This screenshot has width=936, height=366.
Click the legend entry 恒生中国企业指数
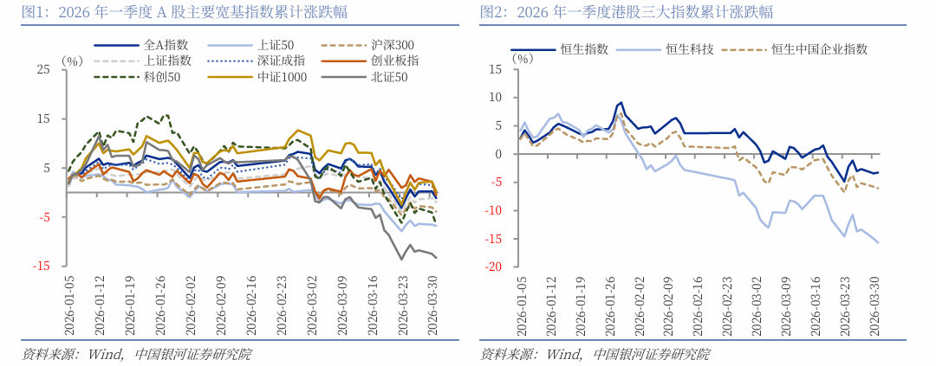tap(819, 50)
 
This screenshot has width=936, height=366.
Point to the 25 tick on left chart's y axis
tap(42, 69)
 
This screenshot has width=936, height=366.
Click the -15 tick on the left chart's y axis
tap(41, 266)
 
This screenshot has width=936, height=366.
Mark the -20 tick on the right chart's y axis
tap(494, 267)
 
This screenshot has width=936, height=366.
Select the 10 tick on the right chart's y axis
tap(496, 98)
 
